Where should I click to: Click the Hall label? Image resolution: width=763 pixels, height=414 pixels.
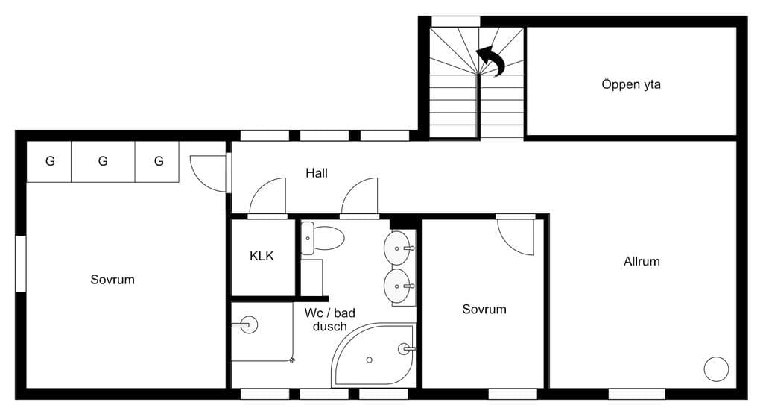click(316, 173)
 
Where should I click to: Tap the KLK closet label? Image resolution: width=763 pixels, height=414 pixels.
click(262, 256)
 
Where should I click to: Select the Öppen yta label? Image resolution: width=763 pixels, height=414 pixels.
click(631, 84)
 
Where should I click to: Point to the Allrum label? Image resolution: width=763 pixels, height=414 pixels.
click(642, 261)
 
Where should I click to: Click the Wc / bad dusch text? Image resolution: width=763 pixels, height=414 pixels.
click(330, 319)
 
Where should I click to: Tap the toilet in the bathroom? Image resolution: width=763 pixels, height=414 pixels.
click(323, 238)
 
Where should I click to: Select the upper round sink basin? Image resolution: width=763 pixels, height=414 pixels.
click(397, 248)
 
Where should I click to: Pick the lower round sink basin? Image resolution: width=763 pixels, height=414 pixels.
click(397, 286)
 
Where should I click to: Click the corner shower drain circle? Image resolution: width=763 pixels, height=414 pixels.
click(370, 360)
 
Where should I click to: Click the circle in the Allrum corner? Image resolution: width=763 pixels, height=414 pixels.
click(716, 368)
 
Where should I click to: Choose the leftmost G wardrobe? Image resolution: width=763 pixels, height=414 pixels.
click(50, 161)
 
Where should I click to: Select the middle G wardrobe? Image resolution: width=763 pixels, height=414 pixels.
click(103, 161)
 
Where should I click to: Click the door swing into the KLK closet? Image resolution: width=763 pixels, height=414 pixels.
click(267, 195)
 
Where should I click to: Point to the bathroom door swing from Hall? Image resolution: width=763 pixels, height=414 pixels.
click(360, 195)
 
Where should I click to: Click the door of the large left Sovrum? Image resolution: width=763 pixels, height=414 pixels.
click(209, 173)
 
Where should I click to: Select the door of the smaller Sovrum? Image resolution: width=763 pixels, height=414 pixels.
click(516, 237)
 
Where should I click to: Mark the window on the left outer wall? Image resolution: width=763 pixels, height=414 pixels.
click(20, 264)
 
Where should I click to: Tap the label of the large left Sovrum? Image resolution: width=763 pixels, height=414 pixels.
click(113, 280)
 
